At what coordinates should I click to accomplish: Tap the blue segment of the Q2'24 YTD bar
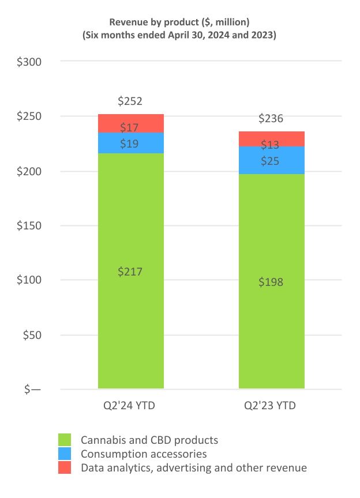pyautogui.click(x=131, y=143)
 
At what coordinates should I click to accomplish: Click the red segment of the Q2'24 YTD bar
pyautogui.click(x=131, y=123)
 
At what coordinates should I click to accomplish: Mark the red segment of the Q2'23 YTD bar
pyautogui.click(x=272, y=139)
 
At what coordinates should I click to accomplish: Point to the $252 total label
pyautogui.click(x=130, y=101)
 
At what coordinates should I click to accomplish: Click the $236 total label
pyautogui.click(x=271, y=119)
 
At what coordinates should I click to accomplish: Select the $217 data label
pyautogui.click(x=130, y=271)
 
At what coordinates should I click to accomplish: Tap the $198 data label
pyautogui.click(x=271, y=282)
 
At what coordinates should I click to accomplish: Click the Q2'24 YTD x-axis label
pyautogui.click(x=130, y=406)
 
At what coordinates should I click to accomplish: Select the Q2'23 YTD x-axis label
pyautogui.click(x=272, y=406)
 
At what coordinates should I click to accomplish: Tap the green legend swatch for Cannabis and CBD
pyautogui.click(x=65, y=440)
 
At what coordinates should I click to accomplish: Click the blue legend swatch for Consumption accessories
pyautogui.click(x=65, y=454)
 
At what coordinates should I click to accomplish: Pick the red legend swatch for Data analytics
pyautogui.click(x=65, y=467)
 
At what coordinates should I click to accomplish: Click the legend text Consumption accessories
pyautogui.click(x=144, y=454)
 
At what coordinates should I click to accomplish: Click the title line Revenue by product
pyautogui.click(x=179, y=22)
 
